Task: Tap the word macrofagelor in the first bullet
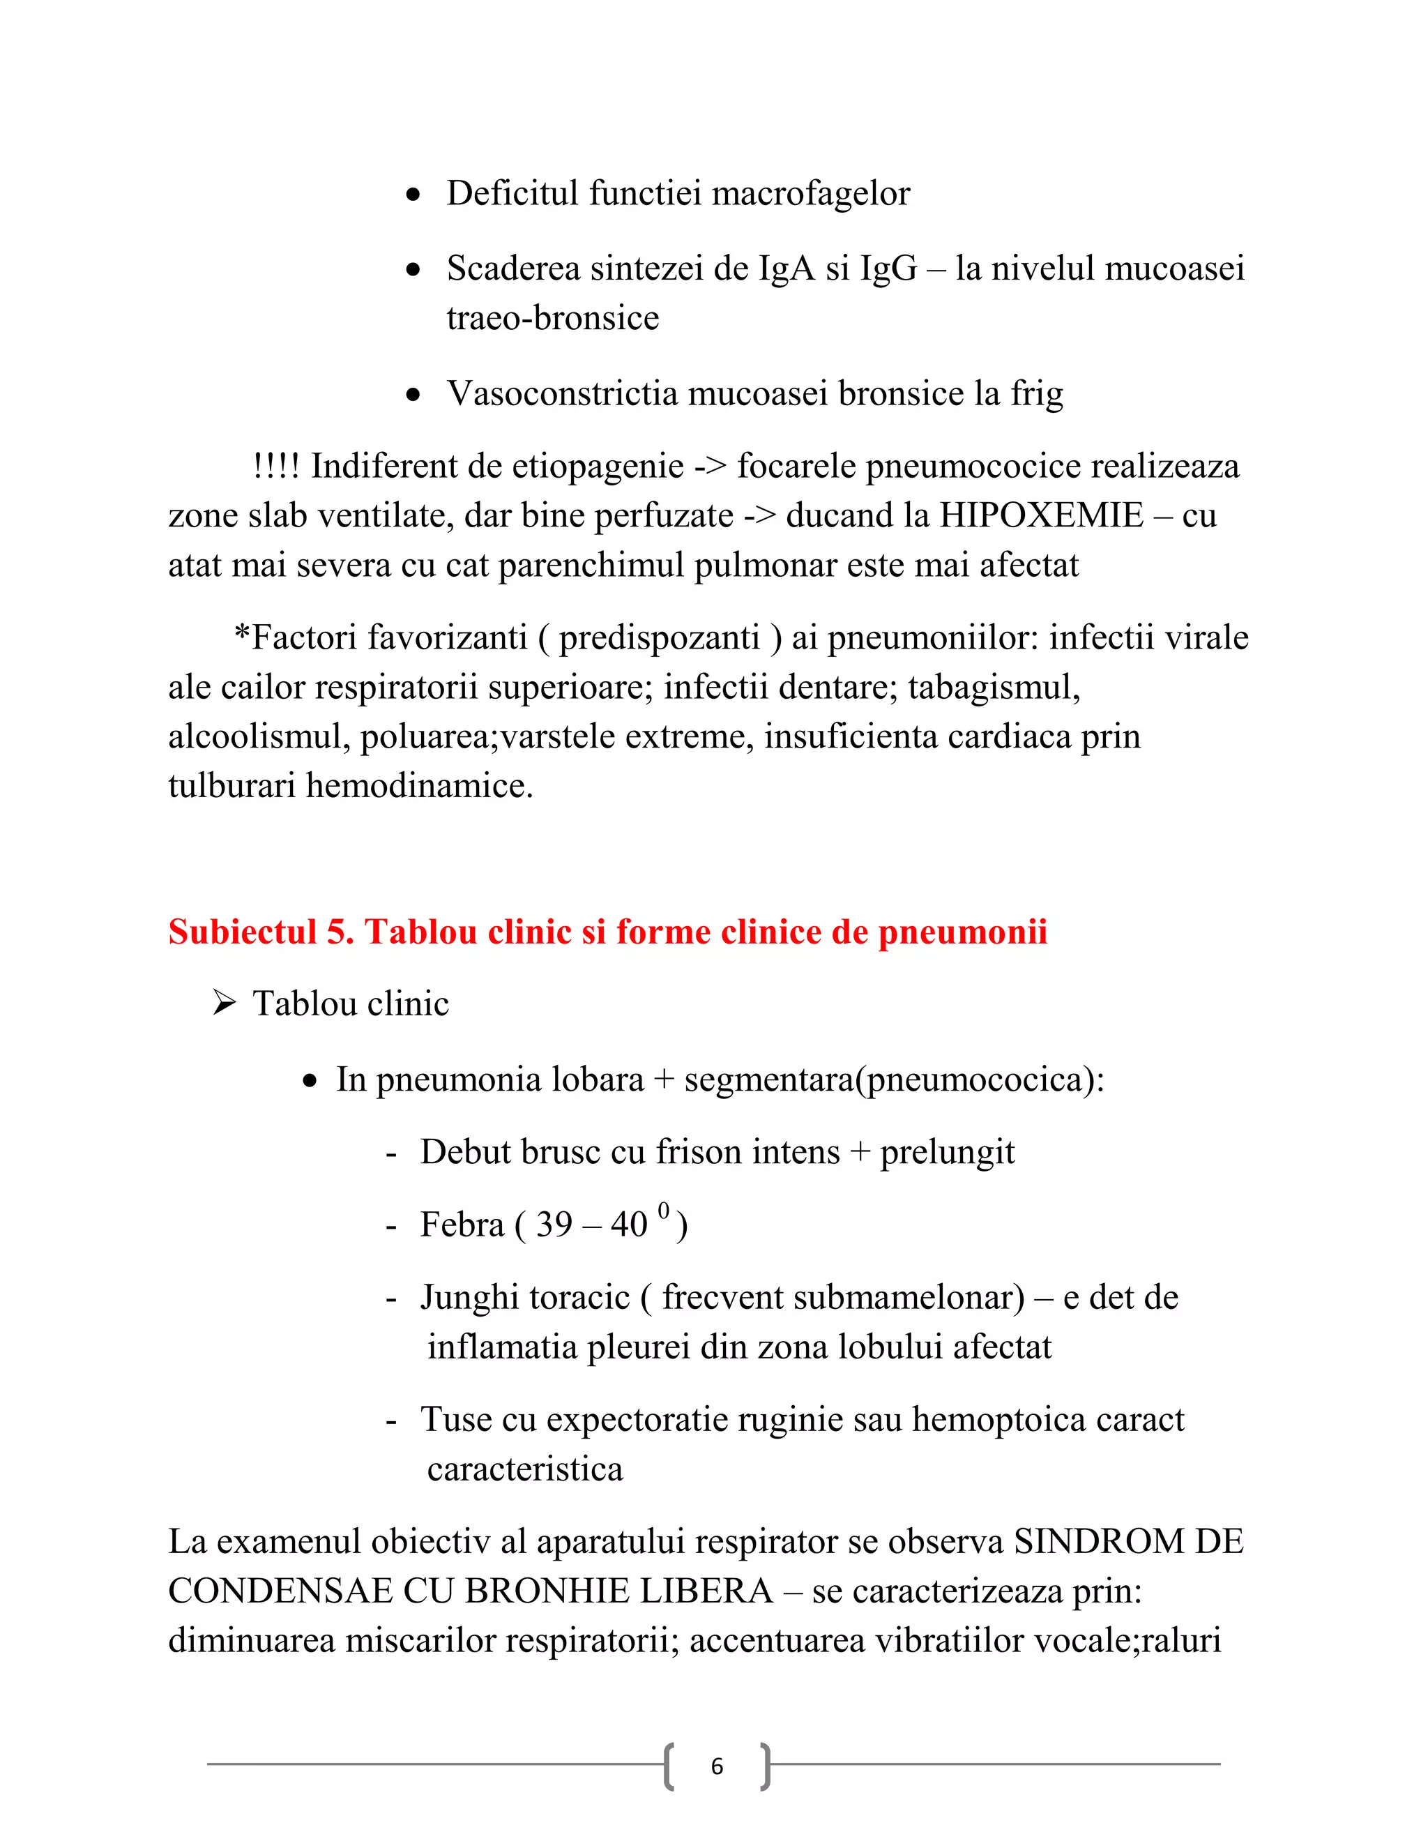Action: pyautogui.click(x=810, y=194)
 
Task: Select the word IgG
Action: pyautogui.click(x=888, y=269)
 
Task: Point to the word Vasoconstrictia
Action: pyautogui.click(x=562, y=393)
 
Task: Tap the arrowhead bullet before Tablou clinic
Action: pyautogui.click(x=225, y=1003)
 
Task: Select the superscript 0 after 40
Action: pyautogui.click(x=663, y=1210)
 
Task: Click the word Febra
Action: pyautogui.click(x=461, y=1225)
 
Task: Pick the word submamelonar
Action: pyautogui.click(x=842, y=1297)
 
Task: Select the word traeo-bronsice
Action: pyautogui.click(x=552, y=318)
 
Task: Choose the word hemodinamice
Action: pyautogui.click(x=419, y=786)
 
